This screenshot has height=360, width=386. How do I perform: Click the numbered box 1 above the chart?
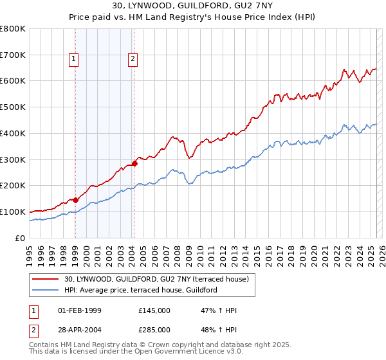75,60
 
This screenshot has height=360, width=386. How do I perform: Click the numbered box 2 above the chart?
133,60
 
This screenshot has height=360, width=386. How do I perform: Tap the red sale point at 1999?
75,200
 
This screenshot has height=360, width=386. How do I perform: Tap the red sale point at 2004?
134,163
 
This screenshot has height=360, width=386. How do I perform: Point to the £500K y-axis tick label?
13,107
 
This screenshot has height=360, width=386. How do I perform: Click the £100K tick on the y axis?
13,212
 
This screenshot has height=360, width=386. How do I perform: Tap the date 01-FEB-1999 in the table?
80,310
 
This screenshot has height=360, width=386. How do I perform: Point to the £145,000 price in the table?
154,310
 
